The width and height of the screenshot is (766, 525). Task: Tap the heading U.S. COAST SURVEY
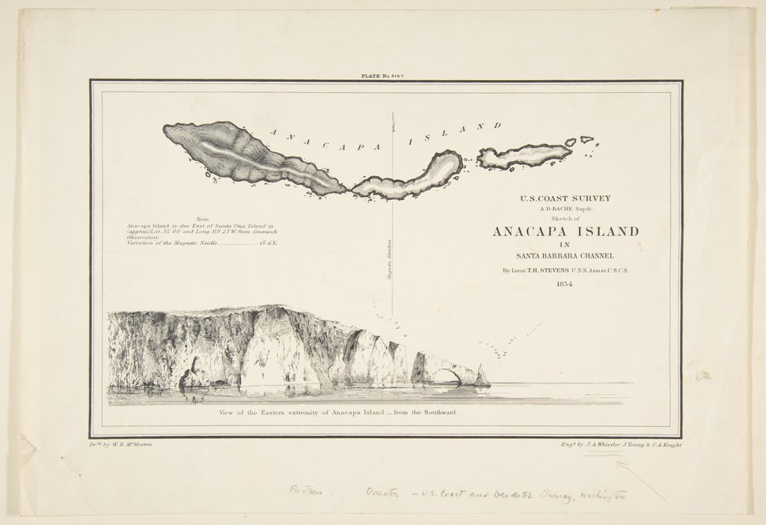click(x=566, y=198)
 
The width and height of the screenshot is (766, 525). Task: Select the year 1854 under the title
click(x=566, y=285)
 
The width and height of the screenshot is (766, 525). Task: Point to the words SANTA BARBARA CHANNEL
click(x=566, y=256)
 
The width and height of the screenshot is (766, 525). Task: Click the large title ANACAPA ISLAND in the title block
click(x=566, y=231)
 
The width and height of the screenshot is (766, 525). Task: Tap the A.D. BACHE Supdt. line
click(x=566, y=210)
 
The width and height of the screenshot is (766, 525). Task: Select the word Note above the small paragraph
click(x=202, y=219)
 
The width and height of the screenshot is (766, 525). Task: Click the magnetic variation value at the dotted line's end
click(x=268, y=244)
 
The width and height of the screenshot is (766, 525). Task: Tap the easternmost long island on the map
click(x=524, y=155)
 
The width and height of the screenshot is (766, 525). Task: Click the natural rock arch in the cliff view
click(x=447, y=375)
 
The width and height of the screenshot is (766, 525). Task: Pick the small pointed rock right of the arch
click(x=482, y=377)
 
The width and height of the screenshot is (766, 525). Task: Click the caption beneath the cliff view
click(x=338, y=413)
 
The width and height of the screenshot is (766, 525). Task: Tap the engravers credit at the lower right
click(x=620, y=444)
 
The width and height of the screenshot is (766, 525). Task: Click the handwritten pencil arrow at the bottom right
click(x=640, y=479)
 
